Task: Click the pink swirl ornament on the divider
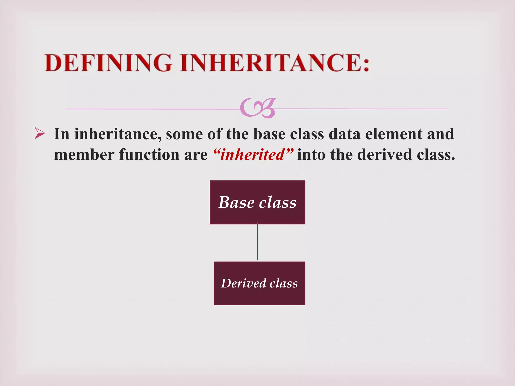(257, 108)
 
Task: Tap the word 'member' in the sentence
(84, 155)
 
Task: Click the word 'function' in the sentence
(149, 155)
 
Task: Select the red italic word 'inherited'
(252, 155)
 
